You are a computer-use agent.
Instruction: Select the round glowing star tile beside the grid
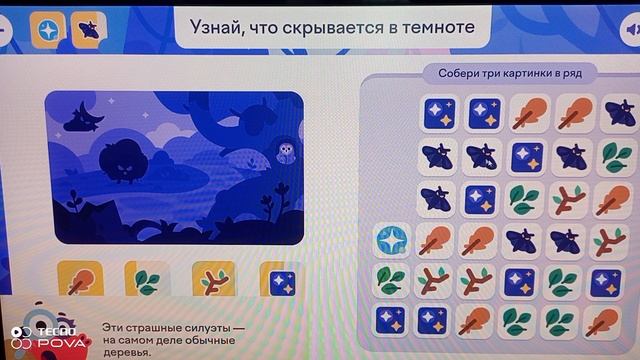coord(390,240)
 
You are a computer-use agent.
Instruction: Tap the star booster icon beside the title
coord(46,28)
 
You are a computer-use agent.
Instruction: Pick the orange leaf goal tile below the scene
coord(80,281)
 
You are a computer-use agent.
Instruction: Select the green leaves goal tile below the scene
coord(147,281)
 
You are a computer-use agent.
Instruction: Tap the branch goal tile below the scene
coord(213,281)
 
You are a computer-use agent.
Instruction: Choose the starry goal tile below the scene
coord(280,281)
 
